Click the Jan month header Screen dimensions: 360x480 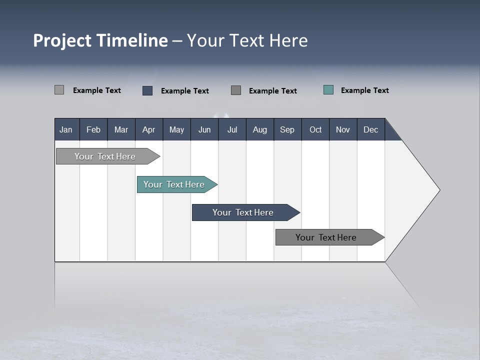[66, 129]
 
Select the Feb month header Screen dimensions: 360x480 [93, 129]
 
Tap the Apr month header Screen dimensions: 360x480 [148, 129]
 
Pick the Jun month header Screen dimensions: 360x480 [204, 129]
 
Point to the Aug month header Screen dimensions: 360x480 [259, 129]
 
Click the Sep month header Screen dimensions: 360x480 [287, 129]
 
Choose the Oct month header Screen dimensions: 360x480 [315, 129]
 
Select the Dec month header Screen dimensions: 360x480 [370, 129]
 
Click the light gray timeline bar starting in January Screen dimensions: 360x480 [105, 156]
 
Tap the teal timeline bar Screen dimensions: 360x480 [174, 184]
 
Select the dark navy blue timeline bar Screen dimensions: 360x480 [243, 212]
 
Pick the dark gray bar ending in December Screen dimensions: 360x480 [326, 237]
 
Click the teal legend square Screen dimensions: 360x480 [328, 90]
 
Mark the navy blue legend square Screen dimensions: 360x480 [147, 90]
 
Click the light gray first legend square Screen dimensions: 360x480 [59, 90]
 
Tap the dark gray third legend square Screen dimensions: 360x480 [236, 90]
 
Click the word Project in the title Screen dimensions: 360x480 [62, 40]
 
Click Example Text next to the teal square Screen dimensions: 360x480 [364, 90]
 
